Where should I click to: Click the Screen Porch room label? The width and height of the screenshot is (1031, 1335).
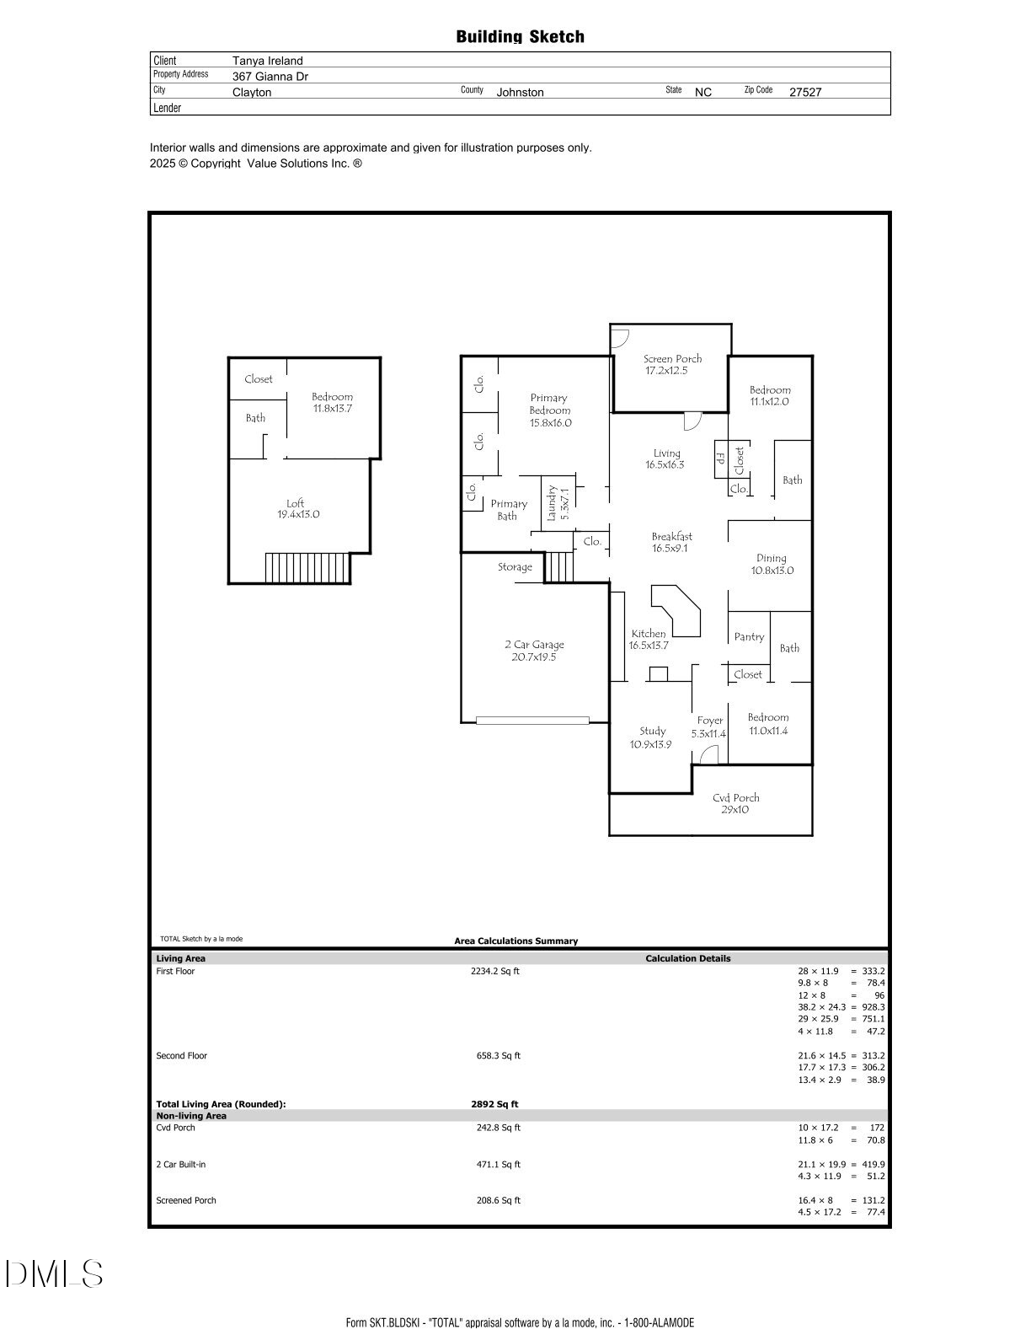tap(672, 359)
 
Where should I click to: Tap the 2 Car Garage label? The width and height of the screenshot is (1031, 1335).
tap(534, 645)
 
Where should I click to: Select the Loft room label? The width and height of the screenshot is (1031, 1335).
tap(296, 503)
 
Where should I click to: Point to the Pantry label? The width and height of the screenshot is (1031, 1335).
tap(749, 637)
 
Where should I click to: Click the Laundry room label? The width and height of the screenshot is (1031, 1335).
tap(552, 502)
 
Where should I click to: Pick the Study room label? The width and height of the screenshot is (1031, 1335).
tap(652, 731)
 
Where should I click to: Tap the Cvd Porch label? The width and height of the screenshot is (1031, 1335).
tap(735, 797)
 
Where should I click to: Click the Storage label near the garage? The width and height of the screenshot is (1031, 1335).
tap(515, 567)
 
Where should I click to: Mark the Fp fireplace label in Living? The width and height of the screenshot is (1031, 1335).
tap(721, 458)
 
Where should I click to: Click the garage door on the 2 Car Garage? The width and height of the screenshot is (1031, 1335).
tap(532, 721)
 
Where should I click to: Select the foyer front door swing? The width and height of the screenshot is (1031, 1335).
tap(710, 755)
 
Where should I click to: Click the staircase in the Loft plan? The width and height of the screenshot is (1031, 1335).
tap(307, 568)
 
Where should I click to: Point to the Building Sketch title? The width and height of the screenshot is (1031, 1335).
tap(520, 37)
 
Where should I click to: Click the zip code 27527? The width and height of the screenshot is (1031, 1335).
tap(805, 92)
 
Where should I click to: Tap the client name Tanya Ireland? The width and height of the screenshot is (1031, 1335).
tap(267, 61)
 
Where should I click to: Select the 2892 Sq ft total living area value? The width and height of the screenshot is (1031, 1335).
tap(494, 1104)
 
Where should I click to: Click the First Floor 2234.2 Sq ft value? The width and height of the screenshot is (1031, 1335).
tap(495, 971)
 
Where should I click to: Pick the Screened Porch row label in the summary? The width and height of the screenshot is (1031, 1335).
tap(186, 1200)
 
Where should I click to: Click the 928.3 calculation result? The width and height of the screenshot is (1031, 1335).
tap(873, 1007)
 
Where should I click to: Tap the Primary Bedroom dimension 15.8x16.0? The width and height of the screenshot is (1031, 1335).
tap(550, 423)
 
